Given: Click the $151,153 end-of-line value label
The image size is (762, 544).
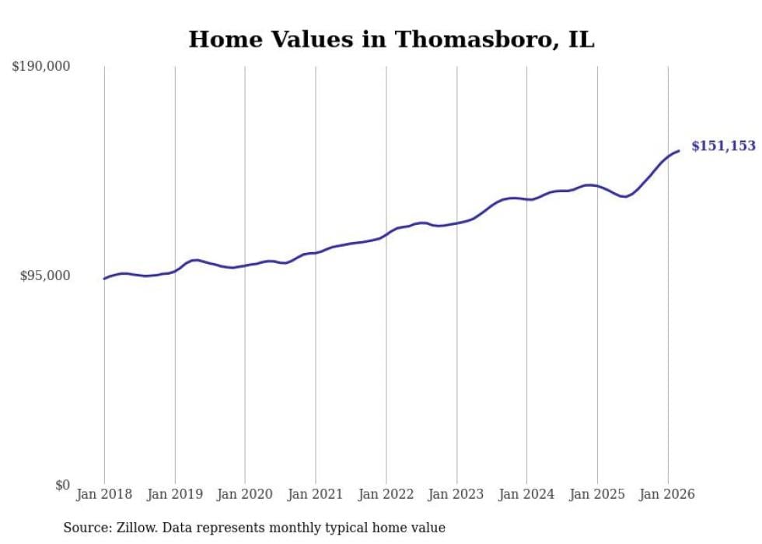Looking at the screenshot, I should point(723,146).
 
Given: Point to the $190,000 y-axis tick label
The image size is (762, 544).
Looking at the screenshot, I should point(41,67).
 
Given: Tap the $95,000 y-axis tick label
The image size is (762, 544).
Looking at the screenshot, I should point(45,276).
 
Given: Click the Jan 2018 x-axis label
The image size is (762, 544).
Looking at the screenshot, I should point(104,494).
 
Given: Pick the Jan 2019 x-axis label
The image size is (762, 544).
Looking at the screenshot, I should point(174,494).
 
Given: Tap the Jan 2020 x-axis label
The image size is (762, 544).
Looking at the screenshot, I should point(245,494).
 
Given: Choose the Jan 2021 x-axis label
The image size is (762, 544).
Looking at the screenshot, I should point(316,494).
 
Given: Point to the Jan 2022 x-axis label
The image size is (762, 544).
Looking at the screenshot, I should point(386,494).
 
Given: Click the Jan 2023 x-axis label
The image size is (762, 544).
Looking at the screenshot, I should point(456,494).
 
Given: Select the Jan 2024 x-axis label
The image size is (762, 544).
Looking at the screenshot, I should point(526,494).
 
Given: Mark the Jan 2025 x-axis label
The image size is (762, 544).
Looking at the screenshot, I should point(597,494).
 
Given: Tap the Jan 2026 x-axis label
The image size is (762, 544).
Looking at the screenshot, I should point(667,494).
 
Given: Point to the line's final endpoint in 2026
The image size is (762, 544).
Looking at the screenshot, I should point(679,151).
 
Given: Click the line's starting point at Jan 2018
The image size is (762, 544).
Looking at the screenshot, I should point(104,279).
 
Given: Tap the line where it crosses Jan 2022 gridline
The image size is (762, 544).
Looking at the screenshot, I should point(386,235).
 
